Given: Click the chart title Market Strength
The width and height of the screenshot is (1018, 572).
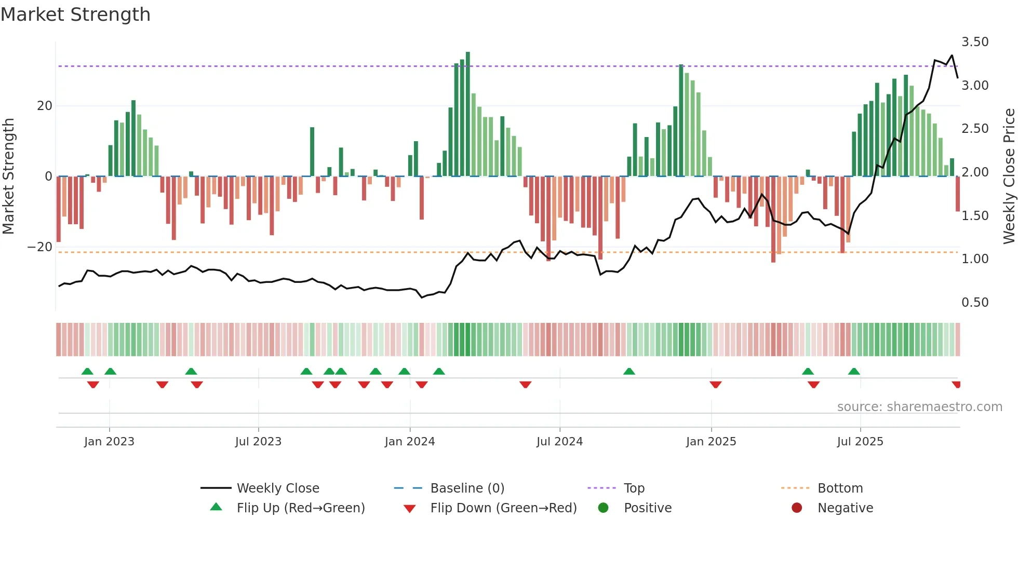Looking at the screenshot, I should coord(75,15).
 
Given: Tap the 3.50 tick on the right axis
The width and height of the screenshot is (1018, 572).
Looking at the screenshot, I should coord(974,42).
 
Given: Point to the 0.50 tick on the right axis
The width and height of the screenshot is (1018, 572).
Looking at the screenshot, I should coord(974,303).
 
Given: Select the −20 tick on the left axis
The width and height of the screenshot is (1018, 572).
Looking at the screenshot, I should coord(40,247).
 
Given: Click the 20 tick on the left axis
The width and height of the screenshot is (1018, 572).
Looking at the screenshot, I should coord(45,106).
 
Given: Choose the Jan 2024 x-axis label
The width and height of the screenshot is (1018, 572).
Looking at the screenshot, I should coord(409,442).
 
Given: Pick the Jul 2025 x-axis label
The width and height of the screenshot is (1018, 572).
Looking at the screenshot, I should coord(860,442).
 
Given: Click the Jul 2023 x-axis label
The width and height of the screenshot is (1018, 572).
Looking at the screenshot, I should coord(258,442).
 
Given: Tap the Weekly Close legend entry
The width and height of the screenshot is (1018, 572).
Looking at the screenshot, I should coord(277,488).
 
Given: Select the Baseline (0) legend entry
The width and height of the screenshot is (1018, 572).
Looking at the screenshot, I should coord(467,488).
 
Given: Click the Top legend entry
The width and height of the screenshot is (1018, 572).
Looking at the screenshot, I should coord(634,488).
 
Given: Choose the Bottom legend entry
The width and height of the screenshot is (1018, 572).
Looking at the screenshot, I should coord(839,488).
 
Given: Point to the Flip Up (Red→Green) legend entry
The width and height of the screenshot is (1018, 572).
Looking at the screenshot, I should coord(300,508).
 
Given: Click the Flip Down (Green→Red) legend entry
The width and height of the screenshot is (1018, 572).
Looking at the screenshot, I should coord(503,508).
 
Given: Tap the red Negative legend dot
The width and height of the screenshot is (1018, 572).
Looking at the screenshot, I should coord(796,508).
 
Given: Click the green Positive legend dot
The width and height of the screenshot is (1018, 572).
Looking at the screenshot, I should coord(603,508).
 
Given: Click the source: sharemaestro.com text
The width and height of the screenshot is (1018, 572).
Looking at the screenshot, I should coord(919,407).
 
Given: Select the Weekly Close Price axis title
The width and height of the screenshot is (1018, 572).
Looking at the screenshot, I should coord(1009,176).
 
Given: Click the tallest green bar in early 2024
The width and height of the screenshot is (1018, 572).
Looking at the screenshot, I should coord(468,114).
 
